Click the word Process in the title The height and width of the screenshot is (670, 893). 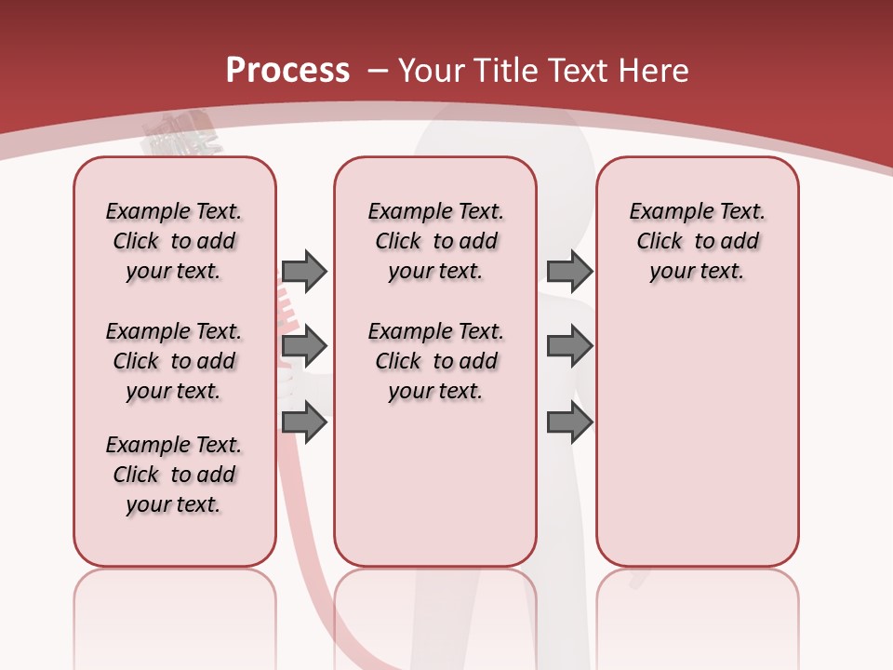287,70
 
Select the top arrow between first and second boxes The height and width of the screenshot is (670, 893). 304,271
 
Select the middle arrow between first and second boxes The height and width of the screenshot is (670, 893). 304,347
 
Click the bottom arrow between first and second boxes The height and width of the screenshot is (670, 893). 304,423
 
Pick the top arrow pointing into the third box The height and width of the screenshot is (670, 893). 569,271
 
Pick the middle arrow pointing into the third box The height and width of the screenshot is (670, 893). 569,347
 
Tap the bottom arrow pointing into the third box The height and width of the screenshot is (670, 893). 569,423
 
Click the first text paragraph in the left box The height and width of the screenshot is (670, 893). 174,241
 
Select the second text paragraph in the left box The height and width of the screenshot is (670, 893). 174,361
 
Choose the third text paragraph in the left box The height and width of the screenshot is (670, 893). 174,475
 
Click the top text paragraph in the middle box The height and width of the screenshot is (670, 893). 435,241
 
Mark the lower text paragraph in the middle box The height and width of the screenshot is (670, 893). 435,361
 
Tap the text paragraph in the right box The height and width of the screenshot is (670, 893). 697,241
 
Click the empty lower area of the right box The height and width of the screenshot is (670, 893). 697,437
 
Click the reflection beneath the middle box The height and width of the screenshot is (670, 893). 435,614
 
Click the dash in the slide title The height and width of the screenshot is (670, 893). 378,71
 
